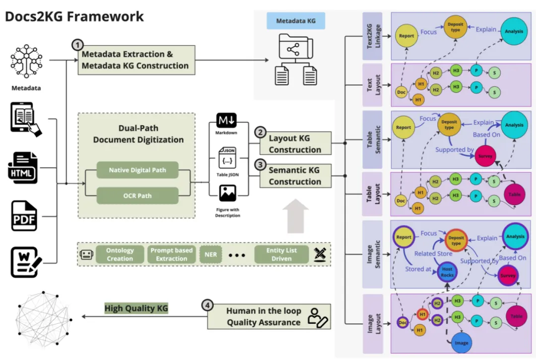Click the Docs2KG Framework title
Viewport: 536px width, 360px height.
[74, 16]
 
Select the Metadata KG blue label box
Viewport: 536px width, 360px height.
[296, 21]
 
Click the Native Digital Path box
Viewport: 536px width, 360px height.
[137, 171]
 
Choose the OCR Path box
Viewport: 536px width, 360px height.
[137, 195]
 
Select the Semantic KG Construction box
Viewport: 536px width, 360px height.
[295, 176]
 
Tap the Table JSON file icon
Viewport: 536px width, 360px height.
[228, 157]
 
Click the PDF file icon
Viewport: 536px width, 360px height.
[24, 216]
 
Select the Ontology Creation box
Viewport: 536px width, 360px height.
[120, 254]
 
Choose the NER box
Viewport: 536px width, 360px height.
[208, 254]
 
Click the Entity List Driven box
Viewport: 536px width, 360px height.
[281, 254]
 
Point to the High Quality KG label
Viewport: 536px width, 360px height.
[136, 308]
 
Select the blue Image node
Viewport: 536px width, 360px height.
[461, 343]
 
